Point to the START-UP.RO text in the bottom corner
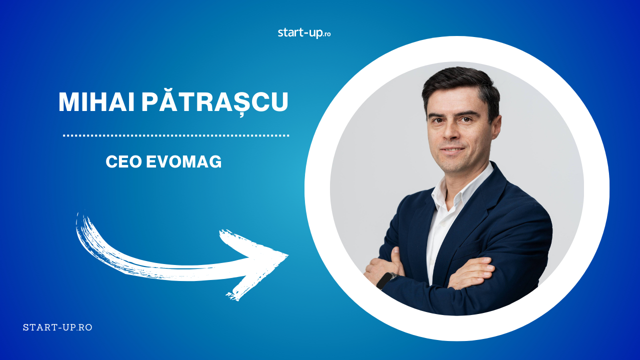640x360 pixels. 57,327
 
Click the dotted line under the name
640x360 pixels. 176,135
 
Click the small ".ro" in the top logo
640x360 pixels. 327,34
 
